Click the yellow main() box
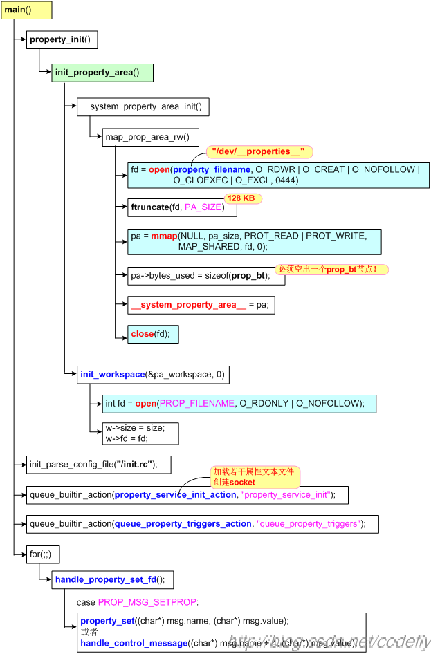[26, 10]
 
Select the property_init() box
[62, 39]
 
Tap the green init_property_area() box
[102, 73]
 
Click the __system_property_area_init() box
[143, 106]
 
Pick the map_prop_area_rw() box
[150, 137]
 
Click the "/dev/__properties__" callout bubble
[259, 151]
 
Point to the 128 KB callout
[243, 198]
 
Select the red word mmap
[164, 236]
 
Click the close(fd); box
[153, 334]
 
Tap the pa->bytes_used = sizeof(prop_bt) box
[206, 276]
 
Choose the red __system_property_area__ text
[189, 305]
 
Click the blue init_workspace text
[112, 375]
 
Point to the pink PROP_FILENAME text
[197, 403]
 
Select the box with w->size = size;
[140, 433]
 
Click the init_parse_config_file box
[98, 465]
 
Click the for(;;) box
[43, 554]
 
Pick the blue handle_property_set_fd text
[106, 580]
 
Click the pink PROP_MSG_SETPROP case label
[147, 602]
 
